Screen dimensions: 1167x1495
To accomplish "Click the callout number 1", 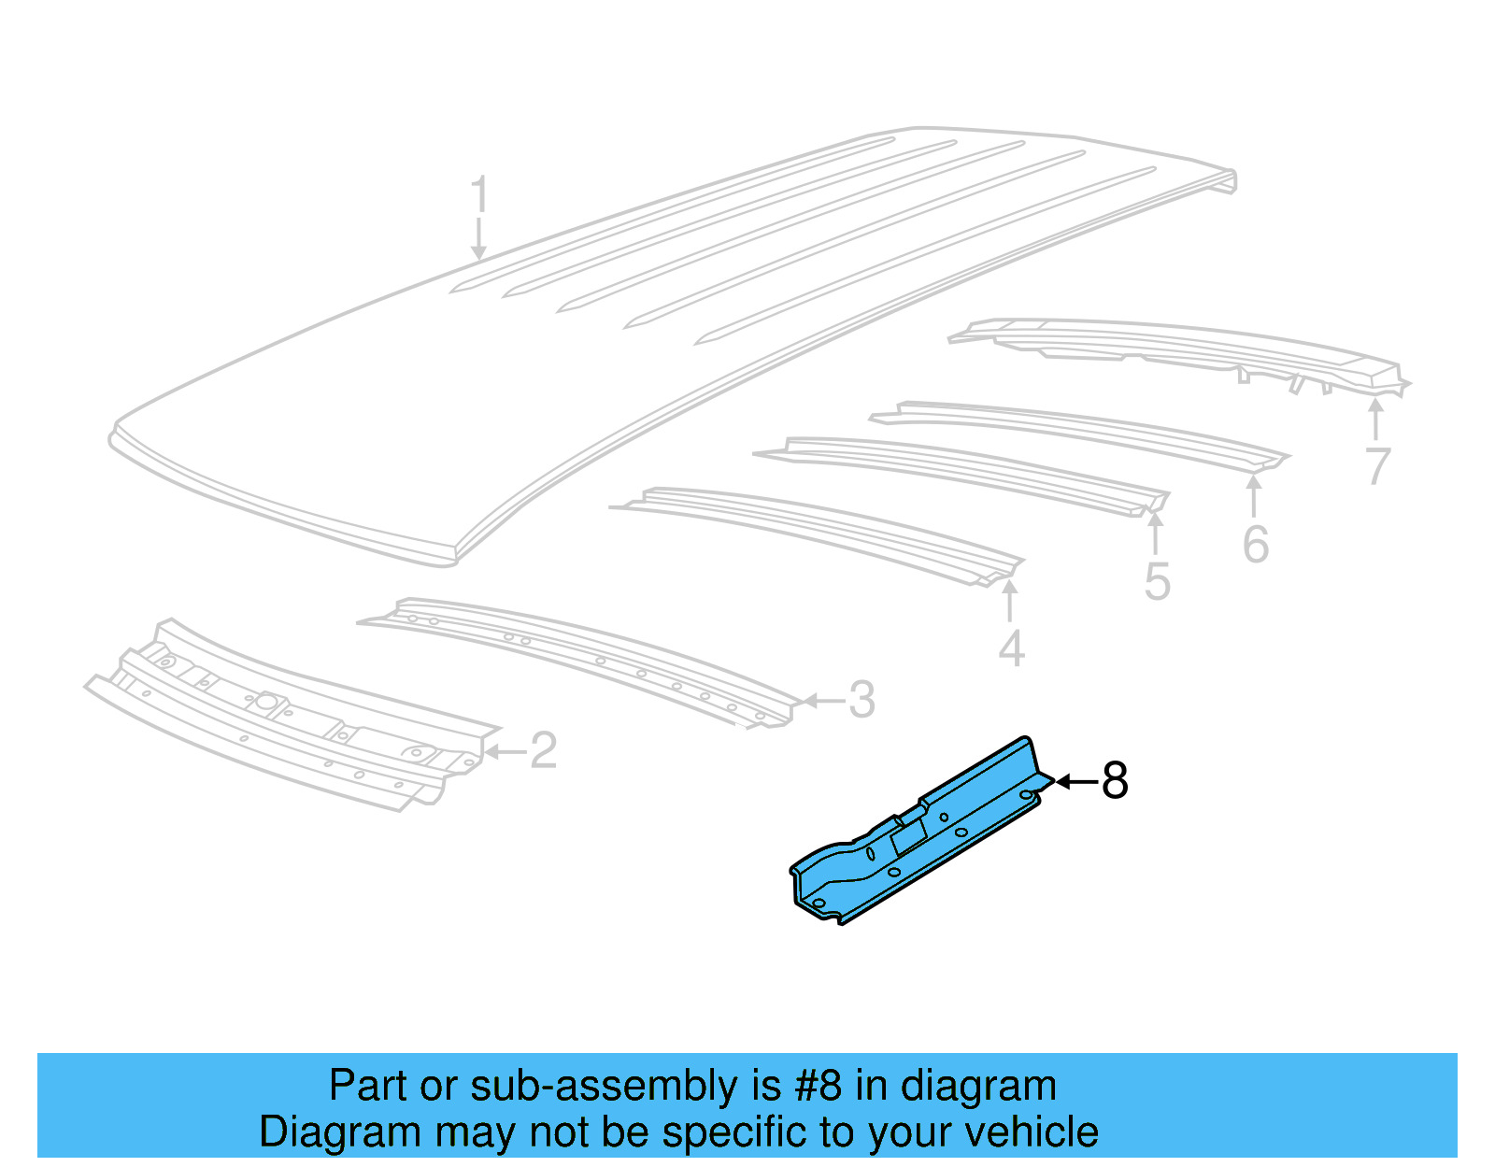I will [x=478, y=195].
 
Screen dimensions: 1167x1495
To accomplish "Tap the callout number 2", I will [x=544, y=750].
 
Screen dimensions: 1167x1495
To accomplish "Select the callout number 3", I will [x=861, y=700].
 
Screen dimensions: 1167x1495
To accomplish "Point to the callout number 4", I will [x=1011, y=648].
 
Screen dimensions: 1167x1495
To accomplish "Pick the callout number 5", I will [x=1157, y=582].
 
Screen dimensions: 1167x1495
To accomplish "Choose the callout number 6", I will [x=1255, y=545].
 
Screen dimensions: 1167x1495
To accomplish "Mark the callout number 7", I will [x=1377, y=465].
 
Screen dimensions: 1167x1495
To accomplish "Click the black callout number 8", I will [x=1115, y=781].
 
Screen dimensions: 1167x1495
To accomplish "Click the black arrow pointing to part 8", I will [x=1075, y=781].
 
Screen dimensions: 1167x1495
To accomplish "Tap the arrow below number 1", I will [x=478, y=240].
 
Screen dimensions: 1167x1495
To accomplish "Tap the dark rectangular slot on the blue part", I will [x=907, y=838].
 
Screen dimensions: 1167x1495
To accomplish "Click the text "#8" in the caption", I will [x=819, y=1087].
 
